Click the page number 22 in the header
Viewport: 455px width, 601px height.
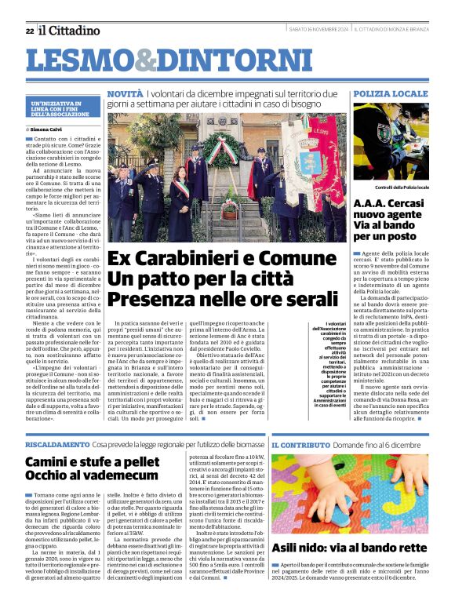click(29, 31)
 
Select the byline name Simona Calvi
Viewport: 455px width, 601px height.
click(48, 129)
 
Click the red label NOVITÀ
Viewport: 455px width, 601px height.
click(125, 93)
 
